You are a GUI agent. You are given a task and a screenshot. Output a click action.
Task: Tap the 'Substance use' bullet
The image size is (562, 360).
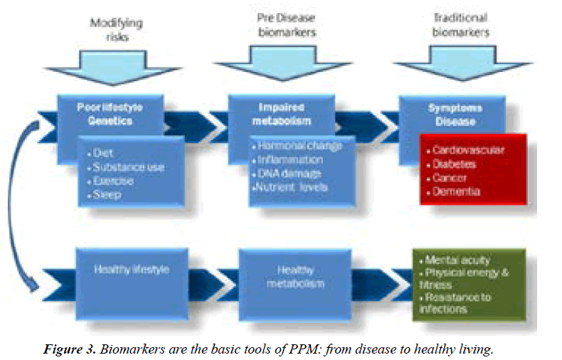(x=127, y=168)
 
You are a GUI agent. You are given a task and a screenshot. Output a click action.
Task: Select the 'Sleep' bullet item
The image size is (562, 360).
(x=106, y=194)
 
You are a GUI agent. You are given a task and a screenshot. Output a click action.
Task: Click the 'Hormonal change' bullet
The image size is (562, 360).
(x=297, y=146)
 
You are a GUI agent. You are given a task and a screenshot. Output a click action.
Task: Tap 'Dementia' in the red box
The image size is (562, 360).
(x=459, y=191)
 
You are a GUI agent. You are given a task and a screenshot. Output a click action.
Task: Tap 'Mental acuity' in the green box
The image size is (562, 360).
(x=458, y=260)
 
